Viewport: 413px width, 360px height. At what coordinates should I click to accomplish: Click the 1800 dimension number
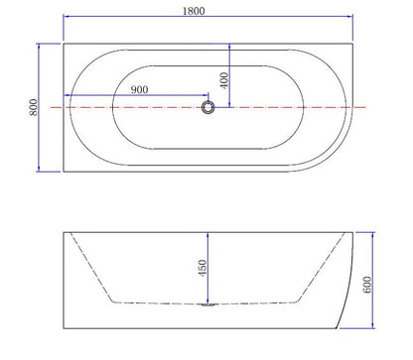(209, 8)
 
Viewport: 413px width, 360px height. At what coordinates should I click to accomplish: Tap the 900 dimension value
(139, 90)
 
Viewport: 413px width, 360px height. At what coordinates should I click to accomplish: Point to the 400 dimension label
(226, 78)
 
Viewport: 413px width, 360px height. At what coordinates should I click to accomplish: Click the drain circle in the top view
(209, 107)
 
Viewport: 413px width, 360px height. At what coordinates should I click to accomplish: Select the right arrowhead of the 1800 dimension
(351, 17)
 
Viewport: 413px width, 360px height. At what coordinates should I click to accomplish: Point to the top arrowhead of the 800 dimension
(38, 46)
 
